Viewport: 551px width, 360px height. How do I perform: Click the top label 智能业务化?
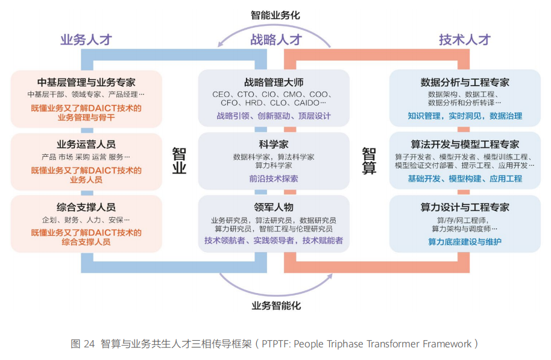(x=275, y=15)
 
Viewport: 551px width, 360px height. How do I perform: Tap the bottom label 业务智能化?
(x=275, y=305)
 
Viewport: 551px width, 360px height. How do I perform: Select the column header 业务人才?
(x=86, y=40)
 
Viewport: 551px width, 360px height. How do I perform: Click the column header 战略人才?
(x=275, y=40)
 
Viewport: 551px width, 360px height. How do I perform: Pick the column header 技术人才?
(x=464, y=40)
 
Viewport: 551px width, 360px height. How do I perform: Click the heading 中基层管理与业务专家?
(x=86, y=83)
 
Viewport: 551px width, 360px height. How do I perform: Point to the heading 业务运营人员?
(x=86, y=145)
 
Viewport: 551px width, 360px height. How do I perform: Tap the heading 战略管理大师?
(x=274, y=83)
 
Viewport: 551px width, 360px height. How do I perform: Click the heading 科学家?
(x=274, y=145)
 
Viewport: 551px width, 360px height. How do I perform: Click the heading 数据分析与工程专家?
(x=464, y=83)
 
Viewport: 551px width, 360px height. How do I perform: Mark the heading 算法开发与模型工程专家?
(x=464, y=145)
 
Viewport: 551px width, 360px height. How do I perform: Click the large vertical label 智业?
(x=180, y=160)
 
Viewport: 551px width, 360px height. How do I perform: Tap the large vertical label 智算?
(x=370, y=160)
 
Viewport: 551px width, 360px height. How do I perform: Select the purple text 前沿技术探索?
(x=274, y=178)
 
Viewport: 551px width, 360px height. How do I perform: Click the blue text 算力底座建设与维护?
(x=464, y=242)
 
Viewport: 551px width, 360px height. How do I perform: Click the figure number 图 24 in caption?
(x=83, y=344)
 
